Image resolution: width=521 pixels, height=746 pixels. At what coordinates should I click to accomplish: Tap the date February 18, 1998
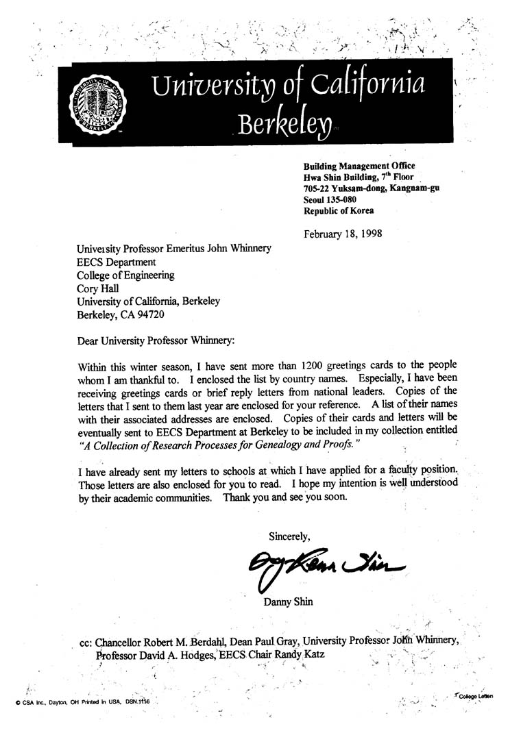point(343,233)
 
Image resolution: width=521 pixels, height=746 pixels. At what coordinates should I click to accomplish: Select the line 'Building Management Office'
point(359,165)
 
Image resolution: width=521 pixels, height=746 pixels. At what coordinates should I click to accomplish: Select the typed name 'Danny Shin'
point(289,603)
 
